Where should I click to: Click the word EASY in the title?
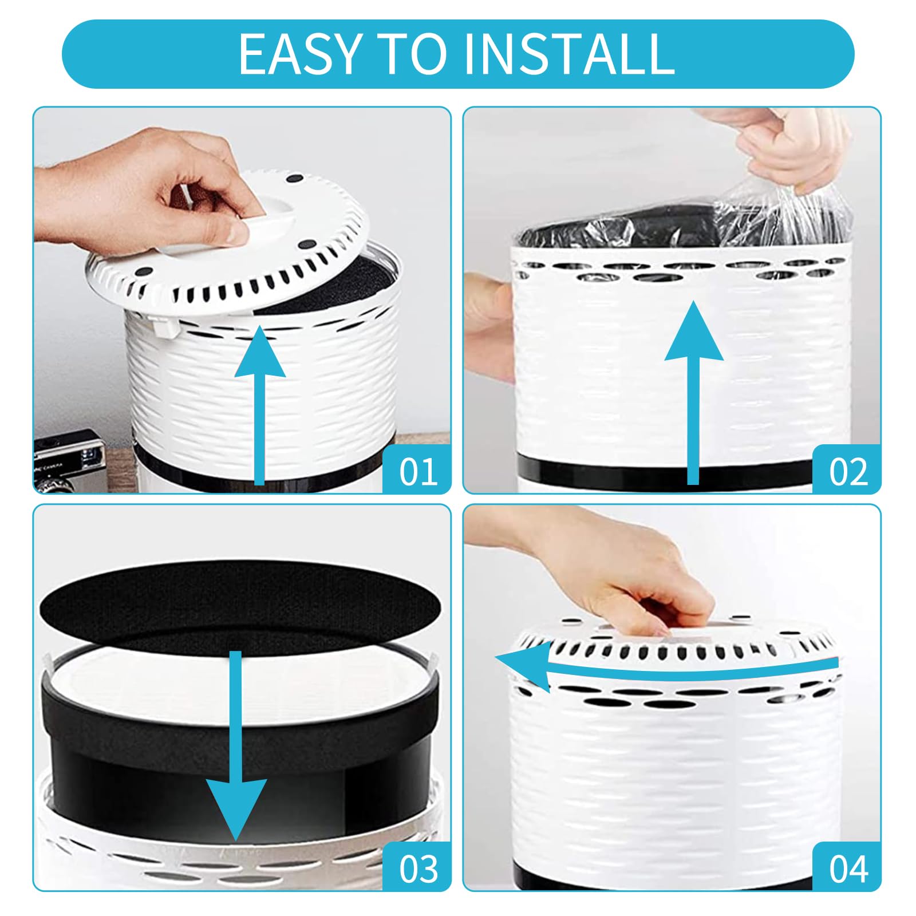tap(298, 54)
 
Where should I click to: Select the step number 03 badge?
tap(418, 868)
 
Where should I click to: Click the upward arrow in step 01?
tap(260, 405)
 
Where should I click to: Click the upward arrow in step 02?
tap(693, 393)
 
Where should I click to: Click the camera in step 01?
tap(69, 461)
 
